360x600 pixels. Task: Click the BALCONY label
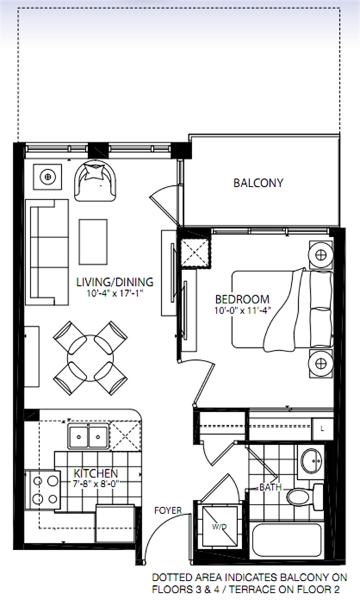tap(258, 183)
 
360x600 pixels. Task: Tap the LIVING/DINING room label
tap(115, 282)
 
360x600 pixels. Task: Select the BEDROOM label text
tap(242, 299)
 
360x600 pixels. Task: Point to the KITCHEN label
tap(95, 473)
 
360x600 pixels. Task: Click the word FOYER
tap(168, 511)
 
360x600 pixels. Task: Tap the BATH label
tap(271, 487)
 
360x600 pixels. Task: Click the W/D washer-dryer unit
tap(219, 527)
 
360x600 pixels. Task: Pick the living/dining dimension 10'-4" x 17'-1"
tap(115, 293)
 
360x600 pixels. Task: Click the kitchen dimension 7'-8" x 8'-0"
tap(94, 483)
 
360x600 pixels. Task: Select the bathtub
tap(287, 540)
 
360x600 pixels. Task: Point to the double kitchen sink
tap(89, 437)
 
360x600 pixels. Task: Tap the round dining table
tap(90, 358)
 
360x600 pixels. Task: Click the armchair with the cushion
tap(95, 180)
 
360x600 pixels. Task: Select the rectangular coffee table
tap(93, 241)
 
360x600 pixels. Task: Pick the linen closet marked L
tap(323, 429)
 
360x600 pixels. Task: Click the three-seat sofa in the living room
tap(47, 252)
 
